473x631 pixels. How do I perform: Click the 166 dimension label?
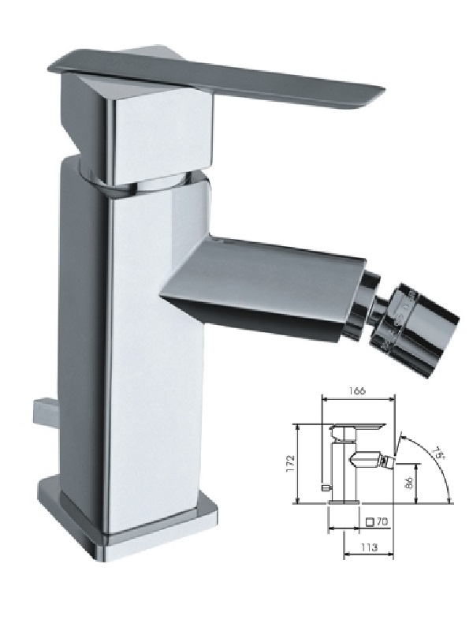tap(357, 390)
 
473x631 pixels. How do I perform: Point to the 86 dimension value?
tap(408, 483)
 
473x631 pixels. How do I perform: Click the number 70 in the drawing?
tap(382, 522)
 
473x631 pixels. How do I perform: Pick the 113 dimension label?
tap(369, 547)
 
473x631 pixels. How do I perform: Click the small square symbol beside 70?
tap(370, 522)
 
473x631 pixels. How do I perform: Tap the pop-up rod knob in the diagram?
tap(326, 487)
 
